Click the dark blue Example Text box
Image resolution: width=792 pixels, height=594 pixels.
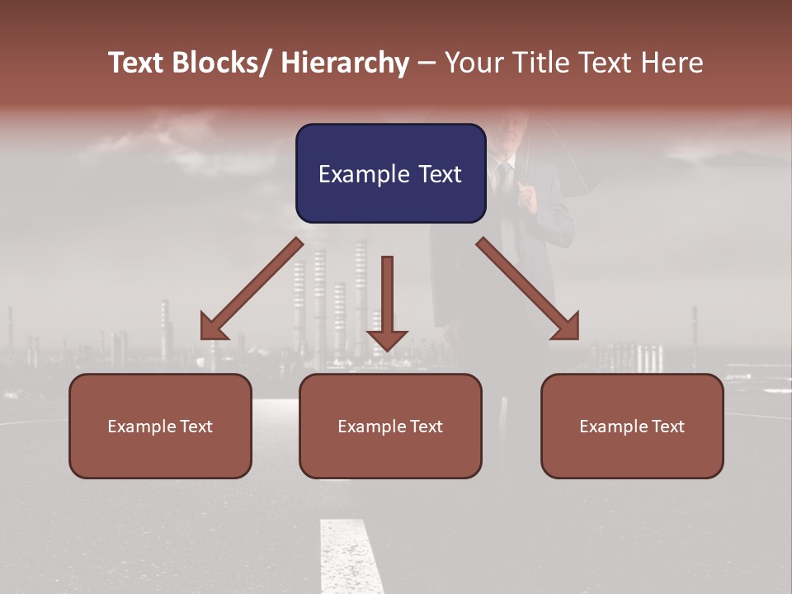390,173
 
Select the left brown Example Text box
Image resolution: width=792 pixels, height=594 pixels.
160,426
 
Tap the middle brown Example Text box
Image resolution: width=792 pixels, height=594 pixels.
390,426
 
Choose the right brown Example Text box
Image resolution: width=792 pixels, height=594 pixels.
632,426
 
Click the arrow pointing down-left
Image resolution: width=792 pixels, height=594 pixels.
252,289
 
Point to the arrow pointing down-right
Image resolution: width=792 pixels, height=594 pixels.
528,289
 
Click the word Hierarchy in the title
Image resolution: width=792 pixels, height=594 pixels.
345,63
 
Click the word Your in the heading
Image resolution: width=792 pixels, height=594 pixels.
474,63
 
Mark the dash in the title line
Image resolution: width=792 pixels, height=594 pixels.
427,63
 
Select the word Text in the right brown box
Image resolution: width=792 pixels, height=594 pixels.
667,426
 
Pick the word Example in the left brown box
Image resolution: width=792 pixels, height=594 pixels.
137,426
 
